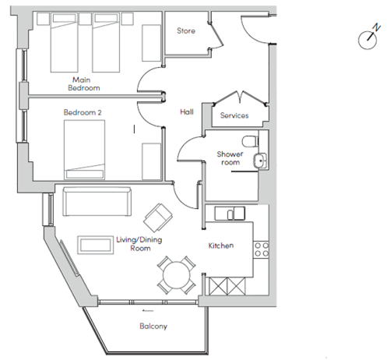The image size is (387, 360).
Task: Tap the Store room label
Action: click(x=186, y=31)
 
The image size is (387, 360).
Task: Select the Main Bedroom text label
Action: click(x=84, y=83)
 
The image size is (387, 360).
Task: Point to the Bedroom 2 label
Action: click(x=83, y=112)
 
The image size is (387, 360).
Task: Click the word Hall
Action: click(x=187, y=112)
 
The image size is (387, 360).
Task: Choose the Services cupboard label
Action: click(x=234, y=115)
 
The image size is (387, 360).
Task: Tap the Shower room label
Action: click(x=230, y=158)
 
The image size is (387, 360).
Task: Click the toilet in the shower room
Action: click(x=251, y=141)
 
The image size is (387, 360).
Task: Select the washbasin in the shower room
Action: click(x=260, y=161)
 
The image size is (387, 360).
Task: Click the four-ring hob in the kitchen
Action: click(x=262, y=249)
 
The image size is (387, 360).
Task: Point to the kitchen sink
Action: click(x=230, y=214)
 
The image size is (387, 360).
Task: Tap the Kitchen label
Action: click(x=221, y=245)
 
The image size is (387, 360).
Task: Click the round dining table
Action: click(x=177, y=275)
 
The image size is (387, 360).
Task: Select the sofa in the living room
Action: click(x=97, y=202)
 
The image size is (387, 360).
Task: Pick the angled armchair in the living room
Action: click(x=158, y=217)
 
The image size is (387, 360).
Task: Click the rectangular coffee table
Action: click(x=96, y=245)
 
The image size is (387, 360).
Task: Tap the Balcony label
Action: click(x=153, y=326)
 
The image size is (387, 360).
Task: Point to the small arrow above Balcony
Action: click(x=148, y=310)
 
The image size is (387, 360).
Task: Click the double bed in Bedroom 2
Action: click(x=85, y=150)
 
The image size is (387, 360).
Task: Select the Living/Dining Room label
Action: click(x=139, y=244)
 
